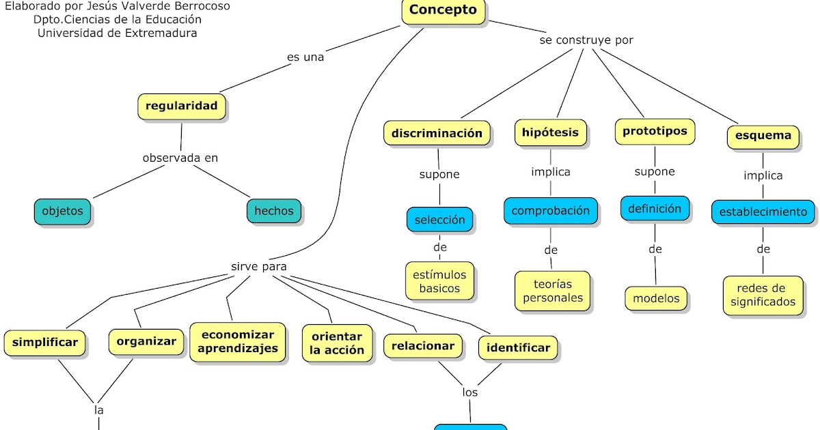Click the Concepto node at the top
443,10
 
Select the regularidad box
181,106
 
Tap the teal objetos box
62,211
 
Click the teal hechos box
273,211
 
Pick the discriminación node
437,133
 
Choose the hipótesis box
550,132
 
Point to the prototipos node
655,131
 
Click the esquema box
763,135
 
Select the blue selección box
439,220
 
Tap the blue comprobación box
551,211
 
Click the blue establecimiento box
763,212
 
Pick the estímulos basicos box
439,281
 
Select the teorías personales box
552,291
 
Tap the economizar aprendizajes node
238,341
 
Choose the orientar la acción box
337,343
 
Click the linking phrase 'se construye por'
586,40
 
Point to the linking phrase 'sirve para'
259,266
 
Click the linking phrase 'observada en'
180,158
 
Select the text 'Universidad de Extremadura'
118,32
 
